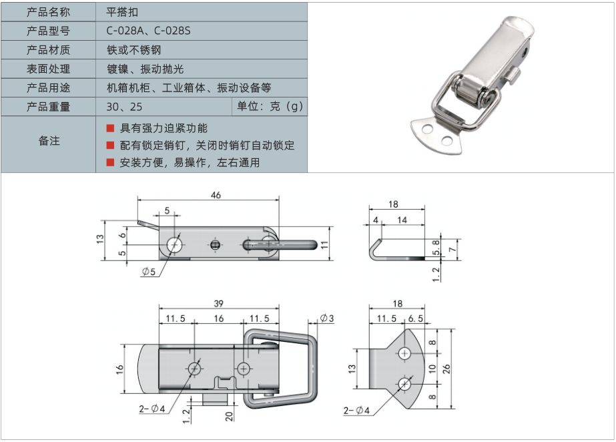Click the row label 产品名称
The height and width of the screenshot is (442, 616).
pyautogui.click(x=48, y=12)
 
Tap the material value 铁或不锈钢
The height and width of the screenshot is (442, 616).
pyautogui.click(x=133, y=50)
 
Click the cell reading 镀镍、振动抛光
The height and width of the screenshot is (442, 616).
pyautogui.click(x=145, y=69)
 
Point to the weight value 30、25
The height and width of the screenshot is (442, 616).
pyautogui.click(x=124, y=107)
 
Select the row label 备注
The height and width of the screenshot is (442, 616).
pyautogui.click(x=48, y=141)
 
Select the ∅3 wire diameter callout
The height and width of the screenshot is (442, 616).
pyautogui.click(x=327, y=318)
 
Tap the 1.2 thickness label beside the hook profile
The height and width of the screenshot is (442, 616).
pyautogui.click(x=436, y=274)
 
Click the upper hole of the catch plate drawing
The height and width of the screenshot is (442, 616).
pyautogui.click(x=405, y=353)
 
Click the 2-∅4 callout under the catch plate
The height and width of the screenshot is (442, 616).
pyautogui.click(x=357, y=410)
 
